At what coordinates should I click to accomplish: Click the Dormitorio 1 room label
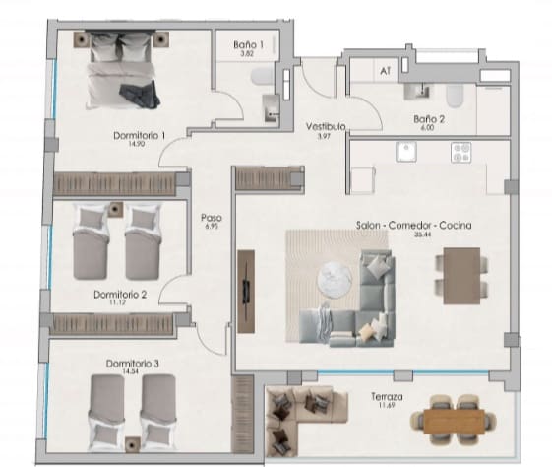coord(129,135)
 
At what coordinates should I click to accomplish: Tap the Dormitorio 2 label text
coord(120,294)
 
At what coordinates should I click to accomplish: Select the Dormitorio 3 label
coord(133,363)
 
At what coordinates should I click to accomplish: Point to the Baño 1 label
coord(248,45)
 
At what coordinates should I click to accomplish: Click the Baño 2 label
coord(429,119)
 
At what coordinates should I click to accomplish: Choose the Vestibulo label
coord(323,127)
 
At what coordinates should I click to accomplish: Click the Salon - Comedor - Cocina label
coord(413,226)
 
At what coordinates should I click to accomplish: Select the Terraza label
coord(385,396)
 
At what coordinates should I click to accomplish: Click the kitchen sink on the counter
coord(403,152)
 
